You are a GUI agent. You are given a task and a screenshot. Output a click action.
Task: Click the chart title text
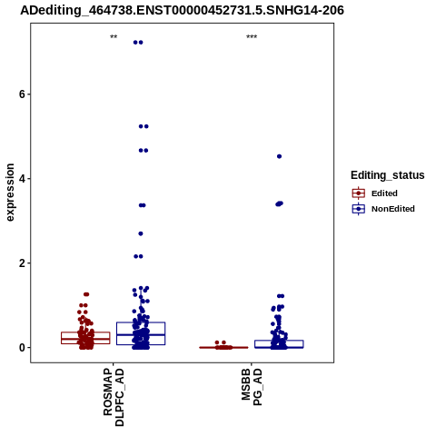(182, 10)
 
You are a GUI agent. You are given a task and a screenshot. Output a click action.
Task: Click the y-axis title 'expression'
(10, 193)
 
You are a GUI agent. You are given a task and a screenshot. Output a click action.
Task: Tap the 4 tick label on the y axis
(22, 179)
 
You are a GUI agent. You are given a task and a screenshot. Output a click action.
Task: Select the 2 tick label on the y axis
(22, 263)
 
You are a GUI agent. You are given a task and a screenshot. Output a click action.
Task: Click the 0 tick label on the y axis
(22, 348)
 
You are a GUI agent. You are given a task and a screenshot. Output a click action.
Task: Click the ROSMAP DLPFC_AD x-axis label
(114, 397)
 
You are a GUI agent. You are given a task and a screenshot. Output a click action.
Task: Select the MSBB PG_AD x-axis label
(252, 387)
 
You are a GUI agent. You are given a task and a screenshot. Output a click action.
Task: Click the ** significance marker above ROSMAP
(114, 37)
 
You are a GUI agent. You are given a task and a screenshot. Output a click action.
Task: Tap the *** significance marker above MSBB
(252, 37)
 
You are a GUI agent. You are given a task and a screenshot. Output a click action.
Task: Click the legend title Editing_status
(388, 175)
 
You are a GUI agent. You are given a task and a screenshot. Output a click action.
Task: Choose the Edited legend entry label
(384, 193)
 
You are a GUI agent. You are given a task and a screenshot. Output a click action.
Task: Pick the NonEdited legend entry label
(393, 209)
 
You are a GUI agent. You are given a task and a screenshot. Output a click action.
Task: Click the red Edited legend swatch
(359, 193)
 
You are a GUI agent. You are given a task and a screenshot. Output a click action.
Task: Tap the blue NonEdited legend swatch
(359, 209)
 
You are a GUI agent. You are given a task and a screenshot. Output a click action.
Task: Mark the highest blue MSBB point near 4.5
(279, 156)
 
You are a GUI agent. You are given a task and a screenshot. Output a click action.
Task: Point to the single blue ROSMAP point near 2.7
(141, 233)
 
